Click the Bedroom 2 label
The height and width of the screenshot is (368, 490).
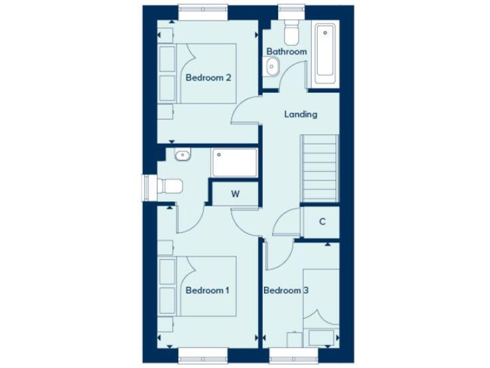pos(208,78)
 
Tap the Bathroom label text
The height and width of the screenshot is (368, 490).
pos(286,51)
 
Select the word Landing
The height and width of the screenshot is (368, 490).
pos(301,114)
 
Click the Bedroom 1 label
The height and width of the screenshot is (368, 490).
pos(207,290)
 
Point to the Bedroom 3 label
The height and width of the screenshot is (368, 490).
pos(286,290)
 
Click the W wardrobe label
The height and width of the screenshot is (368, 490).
pos(235,194)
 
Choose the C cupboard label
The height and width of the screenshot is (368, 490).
pos(322,222)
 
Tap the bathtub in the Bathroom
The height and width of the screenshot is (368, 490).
pos(326,56)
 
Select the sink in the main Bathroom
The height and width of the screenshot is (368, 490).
pos(272,65)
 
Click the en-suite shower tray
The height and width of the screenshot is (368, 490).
pos(235,164)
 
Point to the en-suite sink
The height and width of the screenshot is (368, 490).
pos(182,154)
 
